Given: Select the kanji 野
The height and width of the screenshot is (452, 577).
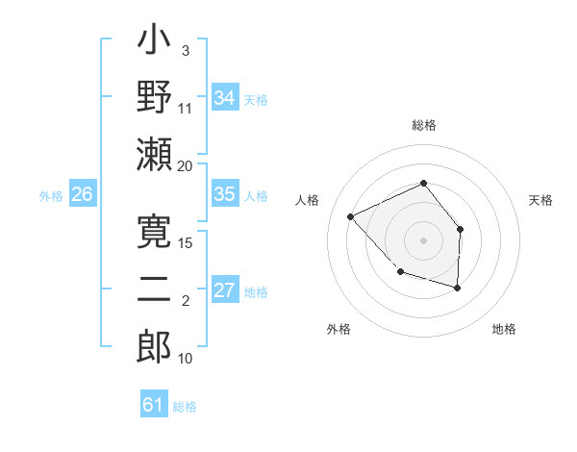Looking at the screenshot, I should [x=154, y=97].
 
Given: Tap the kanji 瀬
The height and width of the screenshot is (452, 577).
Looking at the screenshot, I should [x=154, y=153].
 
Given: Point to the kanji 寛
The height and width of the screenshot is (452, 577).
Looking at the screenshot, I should [x=154, y=234].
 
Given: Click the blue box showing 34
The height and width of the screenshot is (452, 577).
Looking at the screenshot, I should [x=225, y=98].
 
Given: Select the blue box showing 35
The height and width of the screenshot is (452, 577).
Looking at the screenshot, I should [x=225, y=195].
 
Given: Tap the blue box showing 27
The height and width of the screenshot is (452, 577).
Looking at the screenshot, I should [x=225, y=290].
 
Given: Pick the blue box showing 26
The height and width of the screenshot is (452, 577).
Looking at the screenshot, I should [x=82, y=195].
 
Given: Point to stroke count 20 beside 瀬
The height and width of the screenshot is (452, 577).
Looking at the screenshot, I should [x=186, y=165].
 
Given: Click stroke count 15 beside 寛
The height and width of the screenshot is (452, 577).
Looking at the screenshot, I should [x=186, y=243].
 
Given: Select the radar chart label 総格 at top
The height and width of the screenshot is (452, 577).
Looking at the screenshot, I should [x=423, y=126].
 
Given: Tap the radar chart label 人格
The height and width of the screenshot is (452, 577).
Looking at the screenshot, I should [x=307, y=200].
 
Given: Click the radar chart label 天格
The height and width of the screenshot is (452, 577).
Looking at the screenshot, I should [x=540, y=200].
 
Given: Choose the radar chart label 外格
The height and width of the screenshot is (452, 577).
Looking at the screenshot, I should [x=339, y=329].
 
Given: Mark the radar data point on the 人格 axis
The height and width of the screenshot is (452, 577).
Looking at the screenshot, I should [x=351, y=216].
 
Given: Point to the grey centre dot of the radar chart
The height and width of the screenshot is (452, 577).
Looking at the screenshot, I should [x=423, y=240].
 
